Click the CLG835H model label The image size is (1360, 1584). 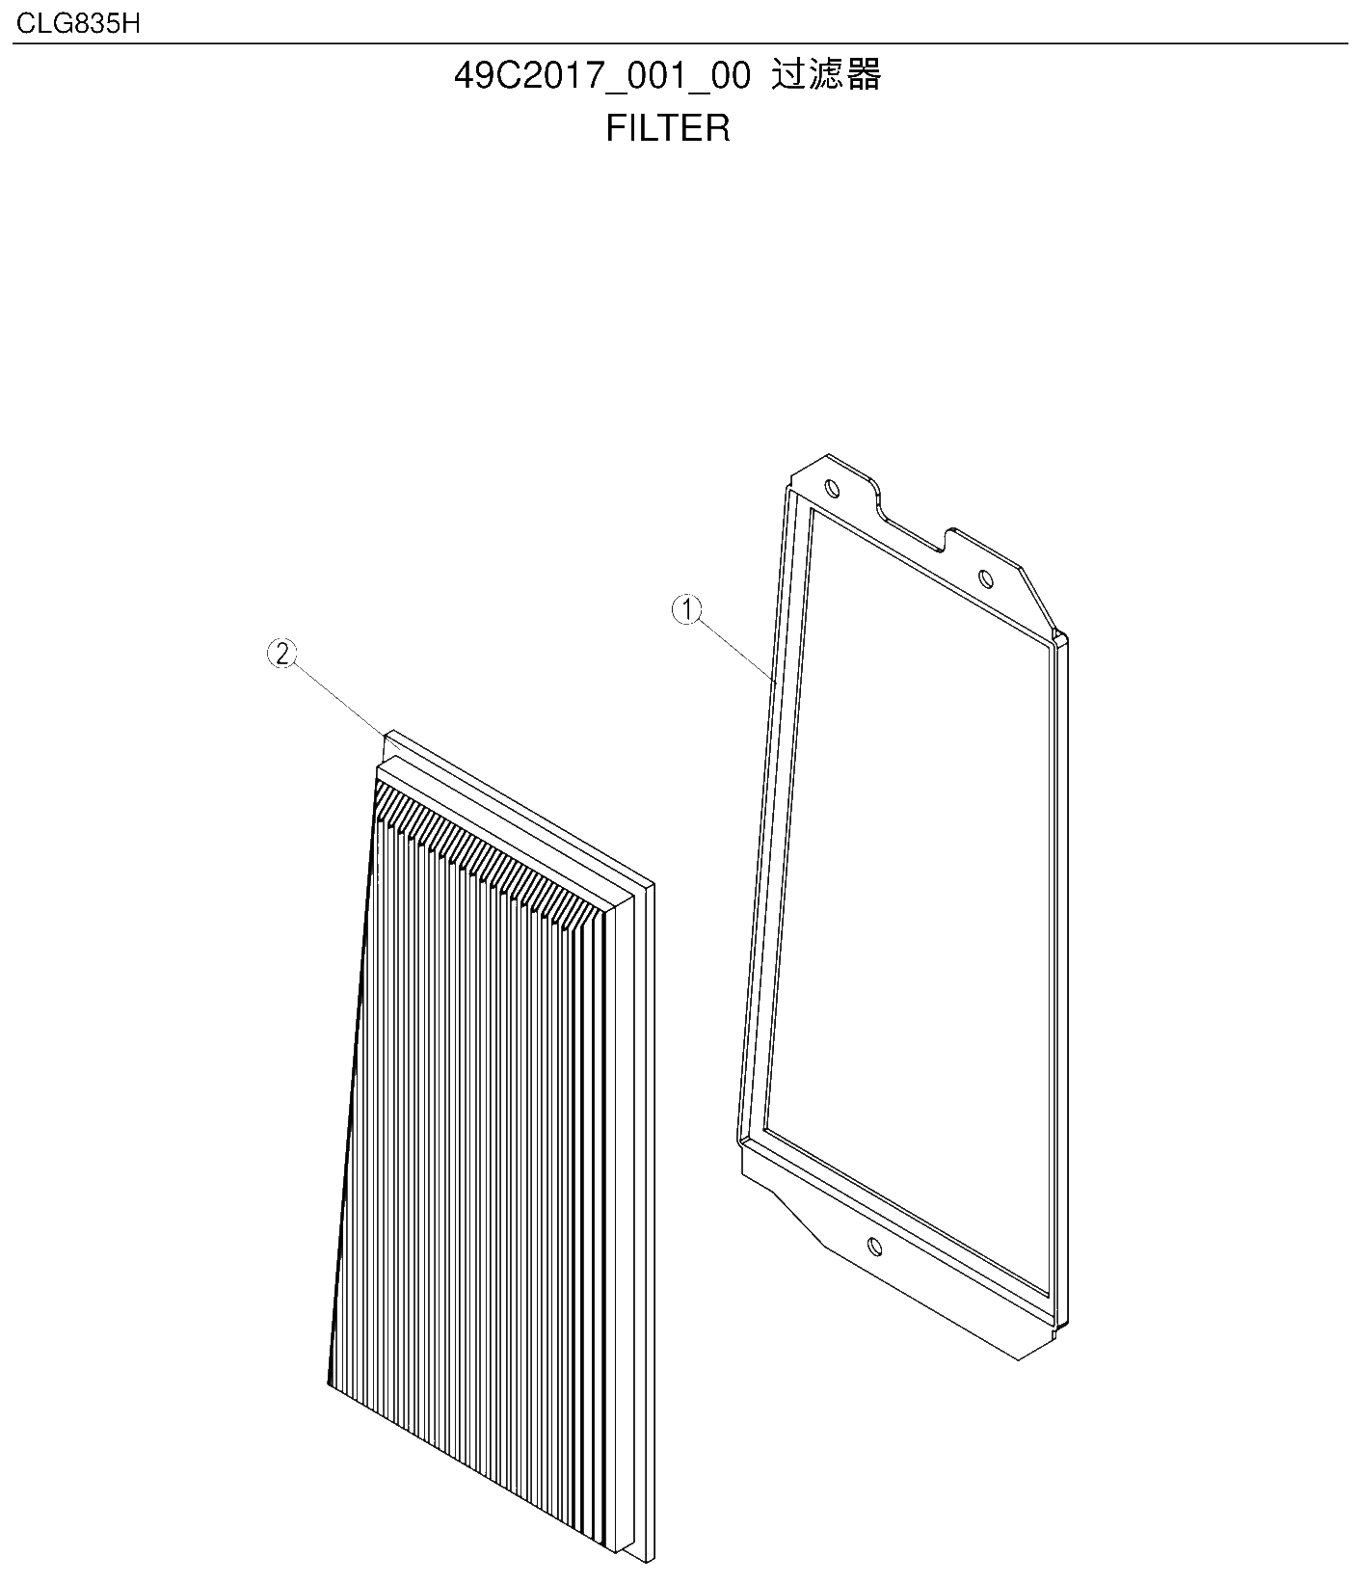pos(78,23)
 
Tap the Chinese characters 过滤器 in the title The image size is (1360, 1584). pos(827,75)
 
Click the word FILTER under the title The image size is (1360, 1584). pos(668,128)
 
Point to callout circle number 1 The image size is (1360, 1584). pos(687,609)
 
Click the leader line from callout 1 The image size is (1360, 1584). pos(737,651)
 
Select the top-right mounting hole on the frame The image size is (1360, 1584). pos(984,578)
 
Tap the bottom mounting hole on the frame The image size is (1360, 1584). pos(874,1247)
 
